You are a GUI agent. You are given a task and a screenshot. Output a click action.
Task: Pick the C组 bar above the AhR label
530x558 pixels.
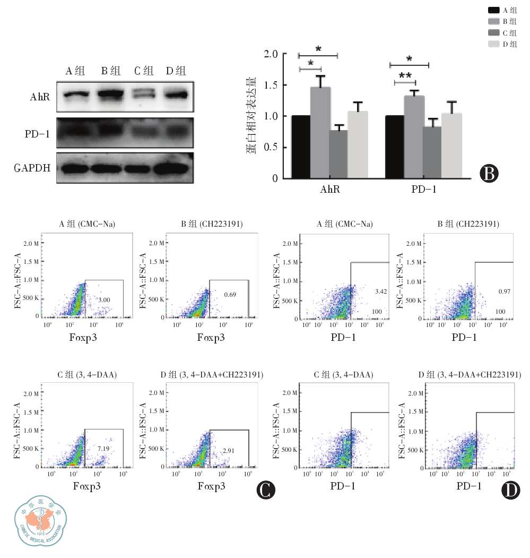pos(338,154)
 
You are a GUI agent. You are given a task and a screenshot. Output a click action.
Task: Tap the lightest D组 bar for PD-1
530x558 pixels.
pos(451,145)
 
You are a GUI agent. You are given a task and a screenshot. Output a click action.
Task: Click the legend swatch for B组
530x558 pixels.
pos(493,21)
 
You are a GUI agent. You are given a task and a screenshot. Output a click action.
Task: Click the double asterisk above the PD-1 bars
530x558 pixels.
pos(405,76)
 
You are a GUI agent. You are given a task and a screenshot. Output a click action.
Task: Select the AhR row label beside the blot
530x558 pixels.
pos(41,97)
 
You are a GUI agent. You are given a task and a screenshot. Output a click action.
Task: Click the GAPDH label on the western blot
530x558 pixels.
pos(33,168)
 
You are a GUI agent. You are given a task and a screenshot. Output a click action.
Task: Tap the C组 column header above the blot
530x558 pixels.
pos(144,71)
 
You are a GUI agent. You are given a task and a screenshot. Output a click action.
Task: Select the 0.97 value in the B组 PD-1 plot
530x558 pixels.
pos(504,292)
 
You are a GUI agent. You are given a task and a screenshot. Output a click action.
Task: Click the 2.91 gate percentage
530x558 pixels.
pos(229,450)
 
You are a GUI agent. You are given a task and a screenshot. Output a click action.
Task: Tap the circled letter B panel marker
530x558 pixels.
pos(490,173)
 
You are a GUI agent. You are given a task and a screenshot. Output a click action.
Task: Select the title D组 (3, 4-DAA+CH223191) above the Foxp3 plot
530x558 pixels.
pos(212,375)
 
